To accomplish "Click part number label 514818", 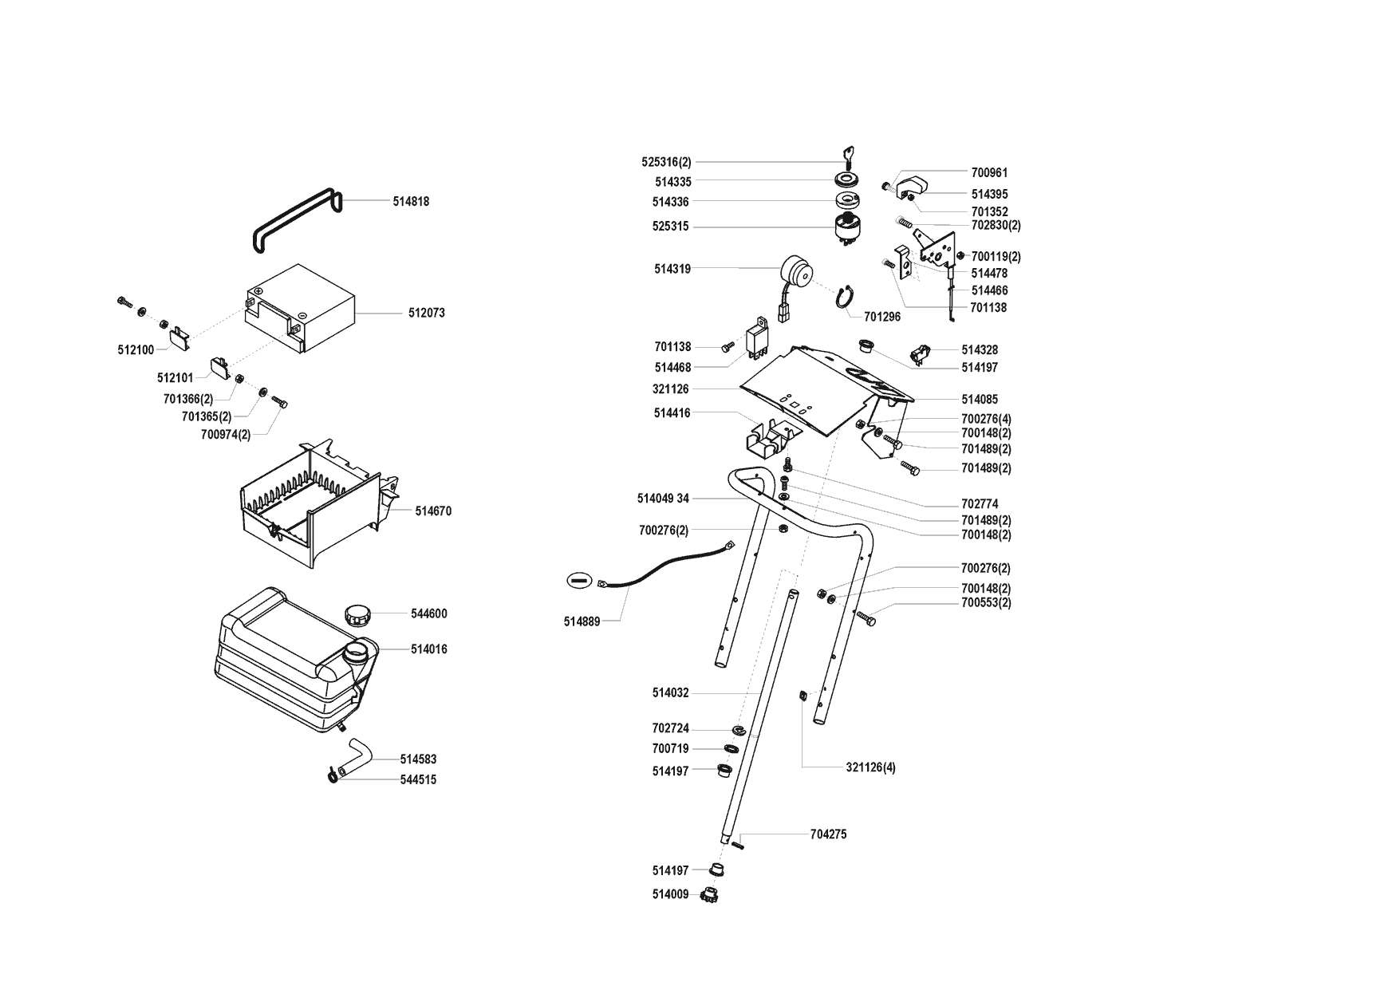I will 410,202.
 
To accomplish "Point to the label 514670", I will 433,511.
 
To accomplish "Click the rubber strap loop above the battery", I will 295,220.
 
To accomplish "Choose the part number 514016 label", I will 428,649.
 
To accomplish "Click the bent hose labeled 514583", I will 356,755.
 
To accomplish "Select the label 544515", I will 418,780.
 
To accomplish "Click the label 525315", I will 670,227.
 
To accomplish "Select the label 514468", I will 672,368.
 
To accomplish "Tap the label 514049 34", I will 662,499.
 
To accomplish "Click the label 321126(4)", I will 870,768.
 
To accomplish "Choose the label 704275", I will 828,834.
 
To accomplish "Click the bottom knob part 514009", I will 708,894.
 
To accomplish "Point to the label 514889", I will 582,621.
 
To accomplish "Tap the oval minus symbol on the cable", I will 579,581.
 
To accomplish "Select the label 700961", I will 989,172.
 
